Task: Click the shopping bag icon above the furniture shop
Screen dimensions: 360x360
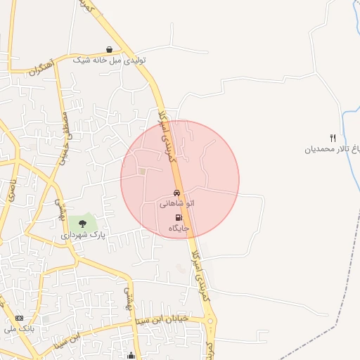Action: (x=110, y=49)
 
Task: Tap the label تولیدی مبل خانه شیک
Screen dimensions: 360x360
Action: (x=110, y=60)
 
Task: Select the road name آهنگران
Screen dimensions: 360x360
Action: (x=41, y=69)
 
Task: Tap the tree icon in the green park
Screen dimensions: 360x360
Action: (x=82, y=224)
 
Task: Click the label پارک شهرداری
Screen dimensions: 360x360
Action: (x=82, y=235)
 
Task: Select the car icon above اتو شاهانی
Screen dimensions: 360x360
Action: (x=176, y=193)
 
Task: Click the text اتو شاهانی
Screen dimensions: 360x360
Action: (x=176, y=203)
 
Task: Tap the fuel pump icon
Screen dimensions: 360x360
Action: (x=178, y=218)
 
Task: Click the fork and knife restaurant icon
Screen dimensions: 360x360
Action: (x=333, y=138)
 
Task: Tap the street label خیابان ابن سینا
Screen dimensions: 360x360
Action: (x=162, y=318)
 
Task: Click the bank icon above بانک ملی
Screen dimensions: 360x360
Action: (x=19, y=318)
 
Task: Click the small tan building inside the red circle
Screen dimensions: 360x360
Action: (x=143, y=171)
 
